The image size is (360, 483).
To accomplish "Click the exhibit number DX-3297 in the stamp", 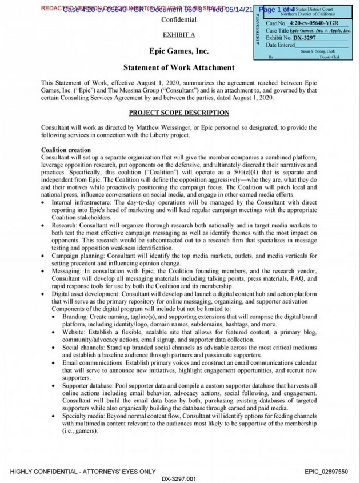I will point(303,37).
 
